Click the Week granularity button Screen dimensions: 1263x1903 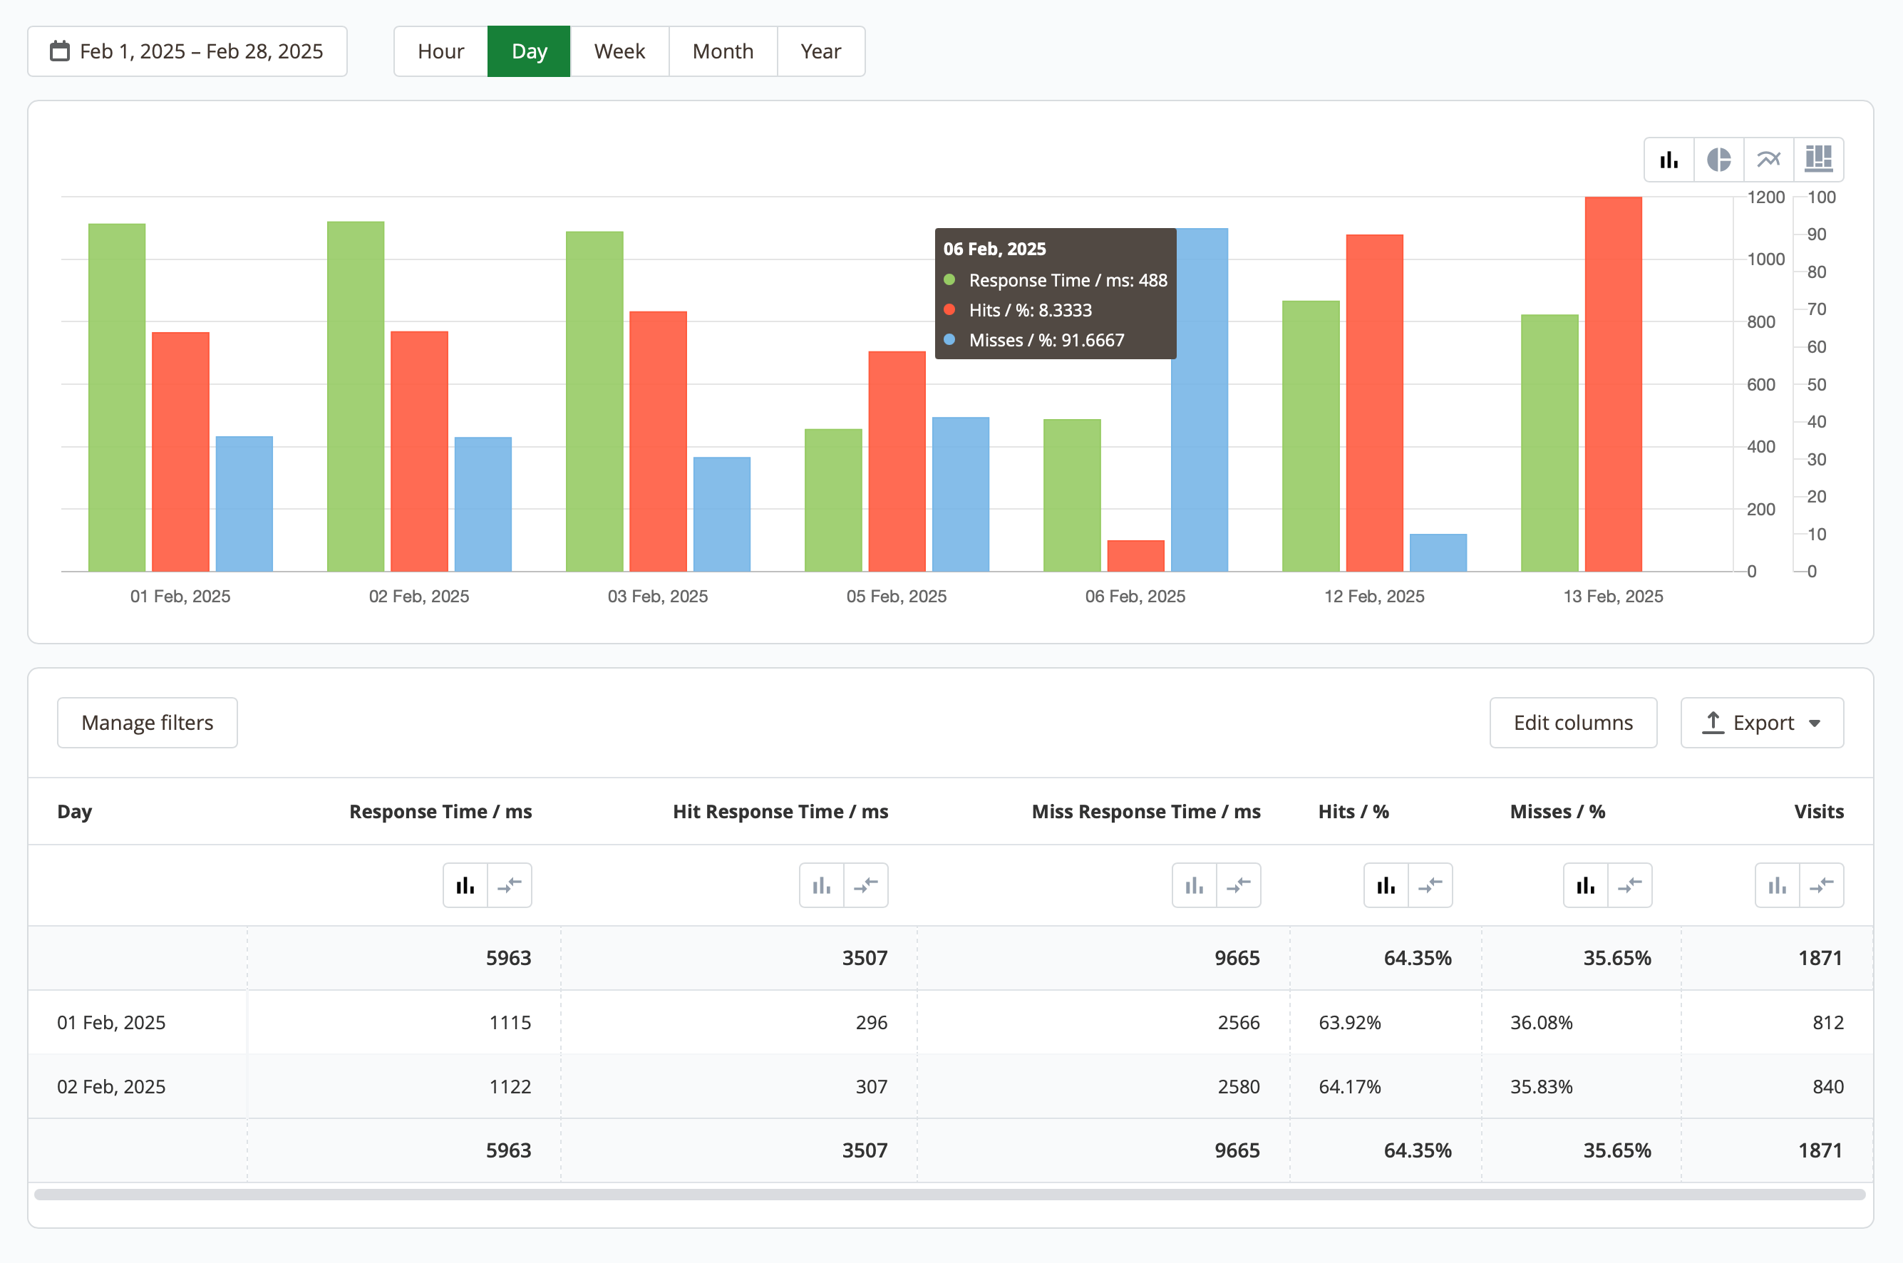click(619, 51)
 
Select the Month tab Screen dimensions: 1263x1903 click(723, 51)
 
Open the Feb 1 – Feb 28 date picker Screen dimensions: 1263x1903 click(187, 51)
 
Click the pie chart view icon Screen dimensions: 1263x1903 click(1718, 160)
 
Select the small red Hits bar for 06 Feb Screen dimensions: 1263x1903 click(1135, 556)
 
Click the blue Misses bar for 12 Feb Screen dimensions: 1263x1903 click(1438, 552)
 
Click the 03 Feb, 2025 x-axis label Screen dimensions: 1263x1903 click(657, 597)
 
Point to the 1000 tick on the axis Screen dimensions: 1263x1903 click(1765, 259)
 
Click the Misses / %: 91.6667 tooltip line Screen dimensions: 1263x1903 click(1046, 340)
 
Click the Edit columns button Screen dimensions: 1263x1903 click(1572, 723)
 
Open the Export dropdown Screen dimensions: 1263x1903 click(1761, 723)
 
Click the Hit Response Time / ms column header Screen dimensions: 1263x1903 click(780, 811)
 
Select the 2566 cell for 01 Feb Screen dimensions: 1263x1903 click(1238, 1022)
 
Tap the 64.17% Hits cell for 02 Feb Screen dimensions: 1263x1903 click(1349, 1087)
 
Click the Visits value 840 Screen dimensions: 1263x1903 click(1827, 1087)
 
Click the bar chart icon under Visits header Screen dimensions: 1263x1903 click(1777, 886)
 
